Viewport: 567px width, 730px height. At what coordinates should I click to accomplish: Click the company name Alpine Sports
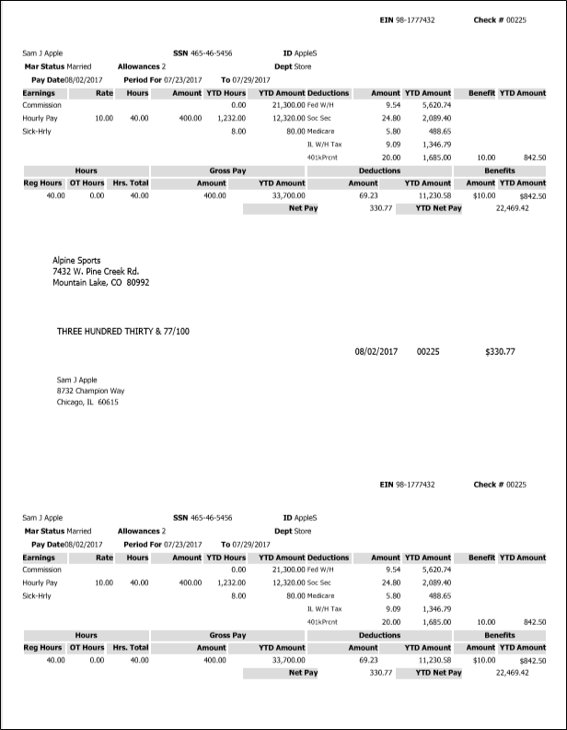tap(77, 261)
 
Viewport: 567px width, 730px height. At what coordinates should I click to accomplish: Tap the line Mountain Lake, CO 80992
tap(101, 283)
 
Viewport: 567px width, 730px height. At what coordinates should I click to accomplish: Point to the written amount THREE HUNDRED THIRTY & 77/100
tap(123, 331)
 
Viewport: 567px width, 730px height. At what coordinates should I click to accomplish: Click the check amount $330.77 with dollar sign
tap(500, 351)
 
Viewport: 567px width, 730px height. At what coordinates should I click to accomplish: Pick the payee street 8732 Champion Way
tap(90, 391)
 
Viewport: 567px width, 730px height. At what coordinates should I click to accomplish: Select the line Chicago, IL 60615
tap(87, 402)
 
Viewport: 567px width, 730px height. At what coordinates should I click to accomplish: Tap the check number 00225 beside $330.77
tap(428, 351)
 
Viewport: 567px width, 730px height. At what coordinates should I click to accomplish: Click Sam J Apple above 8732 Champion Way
tap(76, 380)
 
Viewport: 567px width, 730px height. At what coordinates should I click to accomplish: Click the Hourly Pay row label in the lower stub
tap(40, 583)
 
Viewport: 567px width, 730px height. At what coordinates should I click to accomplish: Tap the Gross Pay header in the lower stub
tap(227, 635)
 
